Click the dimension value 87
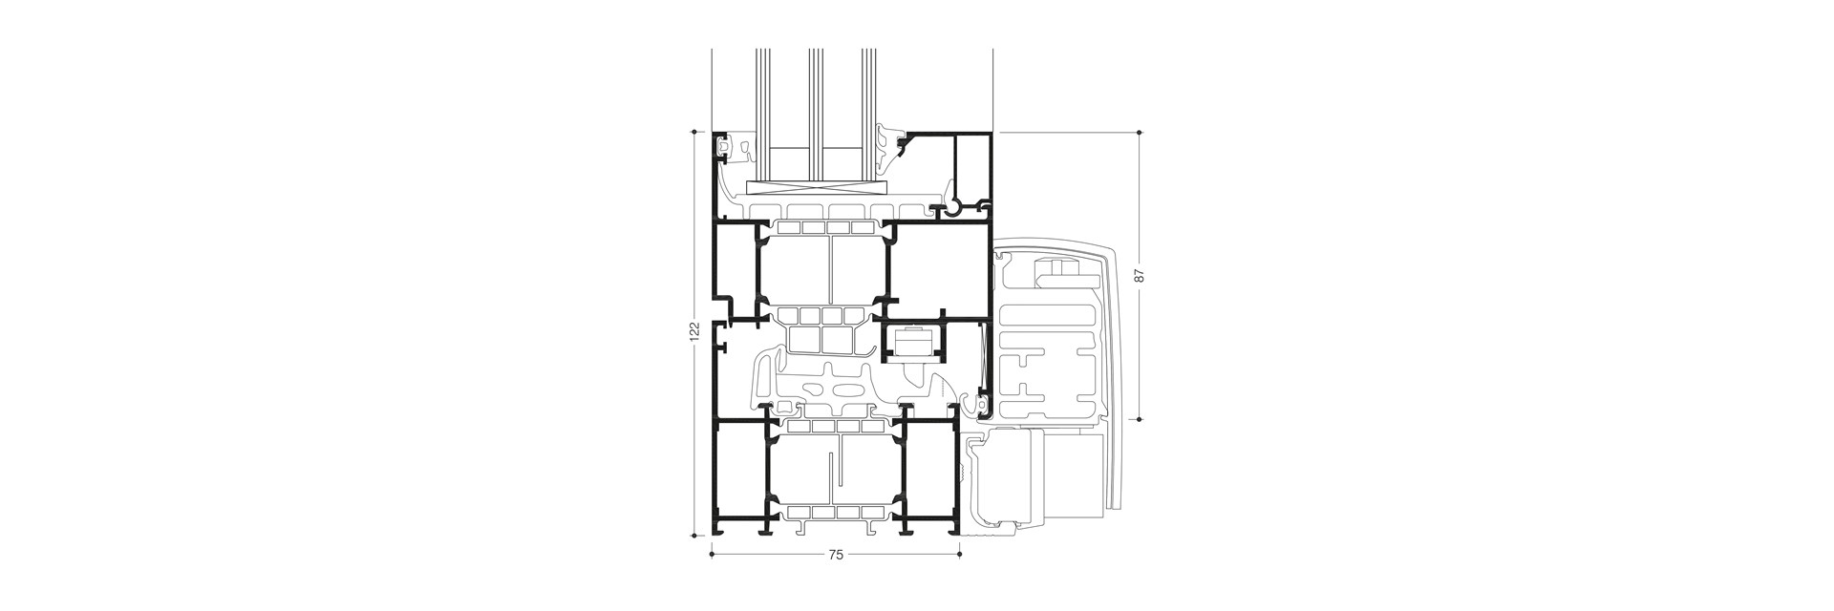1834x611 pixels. (x=1139, y=275)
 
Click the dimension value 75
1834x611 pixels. (x=836, y=555)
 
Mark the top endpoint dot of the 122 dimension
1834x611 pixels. (x=695, y=132)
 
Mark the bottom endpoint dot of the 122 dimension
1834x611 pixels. (x=695, y=535)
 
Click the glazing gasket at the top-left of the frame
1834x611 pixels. (x=730, y=145)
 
